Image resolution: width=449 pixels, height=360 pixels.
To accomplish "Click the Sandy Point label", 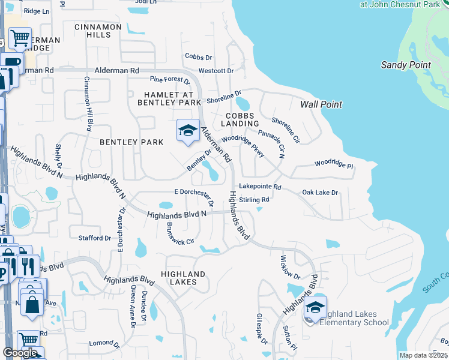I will pyautogui.click(x=406, y=65).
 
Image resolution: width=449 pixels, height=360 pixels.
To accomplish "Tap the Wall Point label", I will pyautogui.click(x=321, y=104).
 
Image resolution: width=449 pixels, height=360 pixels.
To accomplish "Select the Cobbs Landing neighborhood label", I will pyautogui.click(x=240, y=119).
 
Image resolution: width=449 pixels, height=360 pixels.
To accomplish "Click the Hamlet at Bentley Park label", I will pyautogui.click(x=172, y=99).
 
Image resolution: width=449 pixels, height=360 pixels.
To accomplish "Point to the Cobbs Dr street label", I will pyautogui.click(x=199, y=57).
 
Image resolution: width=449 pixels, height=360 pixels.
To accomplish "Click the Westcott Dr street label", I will pyautogui.click(x=215, y=71).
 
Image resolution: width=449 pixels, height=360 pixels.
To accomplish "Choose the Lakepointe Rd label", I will pyautogui.click(x=260, y=187).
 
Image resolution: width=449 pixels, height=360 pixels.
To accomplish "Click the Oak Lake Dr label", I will pyautogui.click(x=320, y=193).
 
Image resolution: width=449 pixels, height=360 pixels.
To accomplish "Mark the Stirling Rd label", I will pyautogui.click(x=254, y=199).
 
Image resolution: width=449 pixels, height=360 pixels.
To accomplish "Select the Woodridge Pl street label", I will pyautogui.click(x=334, y=163).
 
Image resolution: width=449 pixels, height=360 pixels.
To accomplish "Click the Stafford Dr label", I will pyautogui.click(x=95, y=238).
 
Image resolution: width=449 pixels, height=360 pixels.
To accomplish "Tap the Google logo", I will pyautogui.click(x=20, y=352).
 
